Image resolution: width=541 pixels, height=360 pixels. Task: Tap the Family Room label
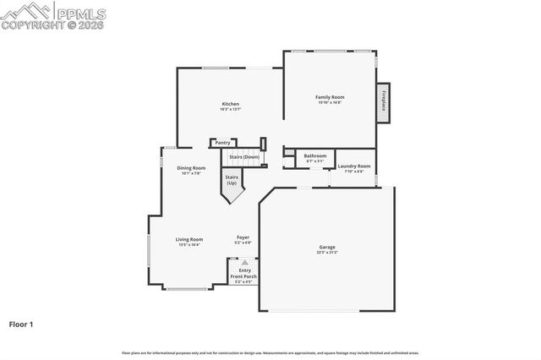click(328, 98)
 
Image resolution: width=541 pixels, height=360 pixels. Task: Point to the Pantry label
click(222, 143)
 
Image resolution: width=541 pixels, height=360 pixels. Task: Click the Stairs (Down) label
click(245, 157)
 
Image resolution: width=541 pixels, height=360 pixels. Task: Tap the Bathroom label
click(315, 155)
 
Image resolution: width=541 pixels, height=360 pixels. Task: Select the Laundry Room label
click(353, 166)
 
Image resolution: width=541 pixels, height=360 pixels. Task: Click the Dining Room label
click(191, 167)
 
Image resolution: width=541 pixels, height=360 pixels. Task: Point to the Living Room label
click(189, 239)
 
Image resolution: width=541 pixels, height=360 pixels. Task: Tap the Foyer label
click(243, 238)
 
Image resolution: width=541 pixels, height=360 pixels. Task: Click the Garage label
click(327, 248)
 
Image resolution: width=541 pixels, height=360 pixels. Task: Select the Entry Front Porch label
click(243, 274)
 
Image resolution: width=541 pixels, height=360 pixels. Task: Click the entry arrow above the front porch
click(245, 263)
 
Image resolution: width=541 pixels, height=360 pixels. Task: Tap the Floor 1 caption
click(21, 324)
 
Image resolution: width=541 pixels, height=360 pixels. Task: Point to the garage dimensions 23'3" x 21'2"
click(327, 253)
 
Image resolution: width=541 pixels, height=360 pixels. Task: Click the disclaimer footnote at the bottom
click(270, 352)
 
